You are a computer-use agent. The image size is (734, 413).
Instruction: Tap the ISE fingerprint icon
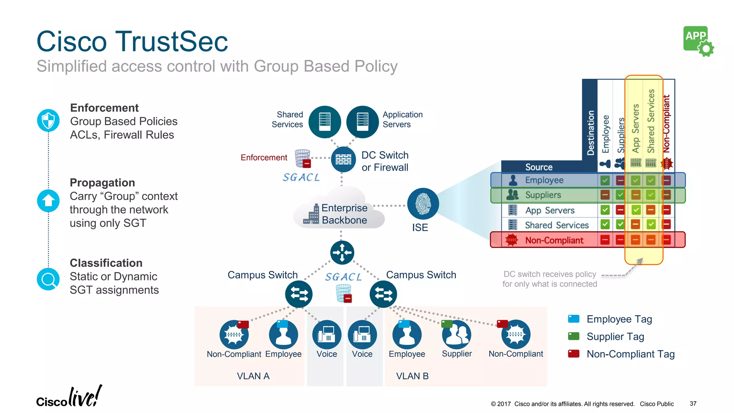point(423,204)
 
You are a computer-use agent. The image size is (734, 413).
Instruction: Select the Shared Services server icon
point(325,122)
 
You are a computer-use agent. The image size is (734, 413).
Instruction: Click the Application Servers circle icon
point(362,122)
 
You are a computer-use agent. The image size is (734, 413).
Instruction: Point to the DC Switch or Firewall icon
point(343,159)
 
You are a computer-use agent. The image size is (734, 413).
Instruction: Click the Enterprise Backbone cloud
point(339,212)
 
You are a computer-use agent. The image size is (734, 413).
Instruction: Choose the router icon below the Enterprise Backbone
point(342,252)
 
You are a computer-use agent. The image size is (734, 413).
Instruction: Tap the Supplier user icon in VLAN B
point(457,335)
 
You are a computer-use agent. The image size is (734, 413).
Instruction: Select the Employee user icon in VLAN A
point(283,335)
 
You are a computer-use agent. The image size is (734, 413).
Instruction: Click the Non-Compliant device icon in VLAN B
point(516,335)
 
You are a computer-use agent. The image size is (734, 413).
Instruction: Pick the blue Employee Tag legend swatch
point(574,319)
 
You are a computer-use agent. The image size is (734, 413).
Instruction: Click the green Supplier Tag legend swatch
point(574,336)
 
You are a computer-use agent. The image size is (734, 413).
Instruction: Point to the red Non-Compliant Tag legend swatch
point(574,354)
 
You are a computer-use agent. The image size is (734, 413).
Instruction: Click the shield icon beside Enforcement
point(48,120)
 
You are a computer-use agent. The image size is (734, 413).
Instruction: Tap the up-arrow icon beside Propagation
point(48,201)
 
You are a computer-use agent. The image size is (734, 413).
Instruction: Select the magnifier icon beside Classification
point(48,279)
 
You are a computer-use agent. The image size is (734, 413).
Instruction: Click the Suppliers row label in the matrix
point(543,195)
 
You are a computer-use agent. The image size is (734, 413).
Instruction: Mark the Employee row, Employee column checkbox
point(605,180)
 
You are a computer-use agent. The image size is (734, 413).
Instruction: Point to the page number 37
point(693,404)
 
